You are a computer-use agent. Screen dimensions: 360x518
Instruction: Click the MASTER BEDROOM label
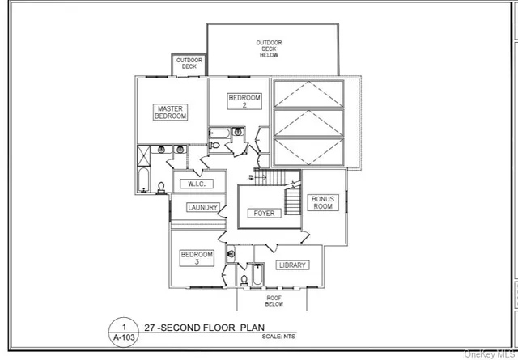pos(171,112)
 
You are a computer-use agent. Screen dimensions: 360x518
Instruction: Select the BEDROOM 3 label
pos(196,258)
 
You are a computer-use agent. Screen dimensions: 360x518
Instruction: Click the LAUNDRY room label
pos(202,208)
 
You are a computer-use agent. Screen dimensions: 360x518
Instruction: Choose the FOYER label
pos(265,214)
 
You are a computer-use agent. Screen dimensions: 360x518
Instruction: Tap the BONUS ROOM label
pos(322,202)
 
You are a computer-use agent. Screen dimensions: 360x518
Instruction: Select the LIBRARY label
pos(292,265)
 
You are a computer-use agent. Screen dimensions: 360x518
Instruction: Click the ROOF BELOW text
pos(274,301)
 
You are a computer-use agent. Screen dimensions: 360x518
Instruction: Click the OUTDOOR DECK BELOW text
pos(269,49)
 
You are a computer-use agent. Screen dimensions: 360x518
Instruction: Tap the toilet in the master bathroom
pos(161,188)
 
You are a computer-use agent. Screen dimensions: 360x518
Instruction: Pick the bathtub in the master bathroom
pos(145,181)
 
